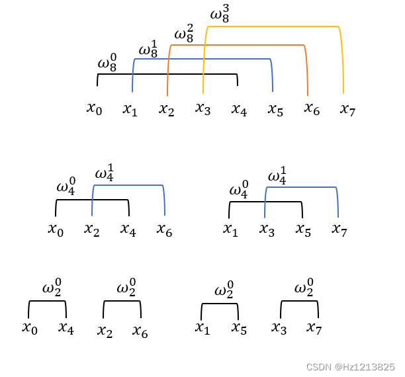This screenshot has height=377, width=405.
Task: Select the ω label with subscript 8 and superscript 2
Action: coord(183,33)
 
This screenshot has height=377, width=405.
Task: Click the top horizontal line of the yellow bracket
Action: coord(273,26)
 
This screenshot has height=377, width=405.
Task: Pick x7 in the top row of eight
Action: coord(347,109)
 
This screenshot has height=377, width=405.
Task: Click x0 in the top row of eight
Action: coord(94,108)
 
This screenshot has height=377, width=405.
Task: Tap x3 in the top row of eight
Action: coord(202,108)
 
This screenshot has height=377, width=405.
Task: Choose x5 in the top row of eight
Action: coord(275,109)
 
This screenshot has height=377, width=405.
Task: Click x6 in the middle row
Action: coord(164,230)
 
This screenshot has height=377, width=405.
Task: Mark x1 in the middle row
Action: coord(230,230)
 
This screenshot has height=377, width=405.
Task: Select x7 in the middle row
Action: coord(339,230)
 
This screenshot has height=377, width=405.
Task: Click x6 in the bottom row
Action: coord(140,331)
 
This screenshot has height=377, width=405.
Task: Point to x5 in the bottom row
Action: coord(239,329)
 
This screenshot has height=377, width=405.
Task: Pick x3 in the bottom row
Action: coord(279,328)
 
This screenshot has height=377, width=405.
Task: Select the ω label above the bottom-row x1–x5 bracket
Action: coord(224,292)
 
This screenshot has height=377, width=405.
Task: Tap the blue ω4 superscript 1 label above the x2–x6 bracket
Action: coord(105,174)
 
